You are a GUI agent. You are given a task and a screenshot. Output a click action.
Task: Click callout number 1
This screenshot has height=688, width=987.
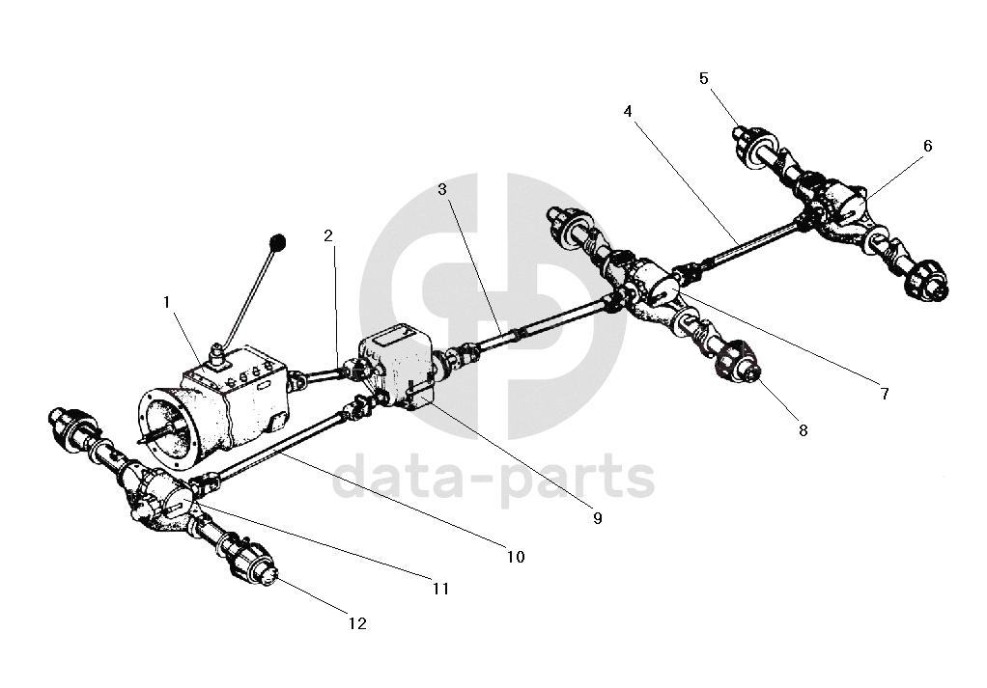[x=167, y=302]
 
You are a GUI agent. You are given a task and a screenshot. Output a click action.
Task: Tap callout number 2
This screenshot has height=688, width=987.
[x=328, y=235]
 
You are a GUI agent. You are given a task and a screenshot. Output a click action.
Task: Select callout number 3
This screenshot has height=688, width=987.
[x=442, y=189]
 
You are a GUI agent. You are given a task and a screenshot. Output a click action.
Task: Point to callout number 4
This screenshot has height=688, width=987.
[x=628, y=111]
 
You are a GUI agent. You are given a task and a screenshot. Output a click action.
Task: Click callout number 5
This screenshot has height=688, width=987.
[x=704, y=77]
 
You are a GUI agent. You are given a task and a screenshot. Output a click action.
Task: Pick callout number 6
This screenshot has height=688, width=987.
[x=928, y=146]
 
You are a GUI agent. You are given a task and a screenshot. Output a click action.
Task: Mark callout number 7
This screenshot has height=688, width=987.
[x=883, y=394]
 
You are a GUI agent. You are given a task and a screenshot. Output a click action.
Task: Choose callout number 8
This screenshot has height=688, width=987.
[x=803, y=431]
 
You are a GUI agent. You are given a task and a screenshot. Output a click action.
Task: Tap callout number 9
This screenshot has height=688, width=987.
[x=597, y=518]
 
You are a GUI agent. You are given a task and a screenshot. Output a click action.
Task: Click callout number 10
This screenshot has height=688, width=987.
[x=515, y=557]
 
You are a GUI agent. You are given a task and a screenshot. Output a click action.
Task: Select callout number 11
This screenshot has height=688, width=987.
[x=440, y=588]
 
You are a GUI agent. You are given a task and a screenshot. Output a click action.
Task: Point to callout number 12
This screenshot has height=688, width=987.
[x=357, y=624]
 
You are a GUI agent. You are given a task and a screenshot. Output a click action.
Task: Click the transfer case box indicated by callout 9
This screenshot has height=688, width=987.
[x=393, y=367]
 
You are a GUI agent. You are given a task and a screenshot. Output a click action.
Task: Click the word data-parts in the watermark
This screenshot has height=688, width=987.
[x=493, y=480]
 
